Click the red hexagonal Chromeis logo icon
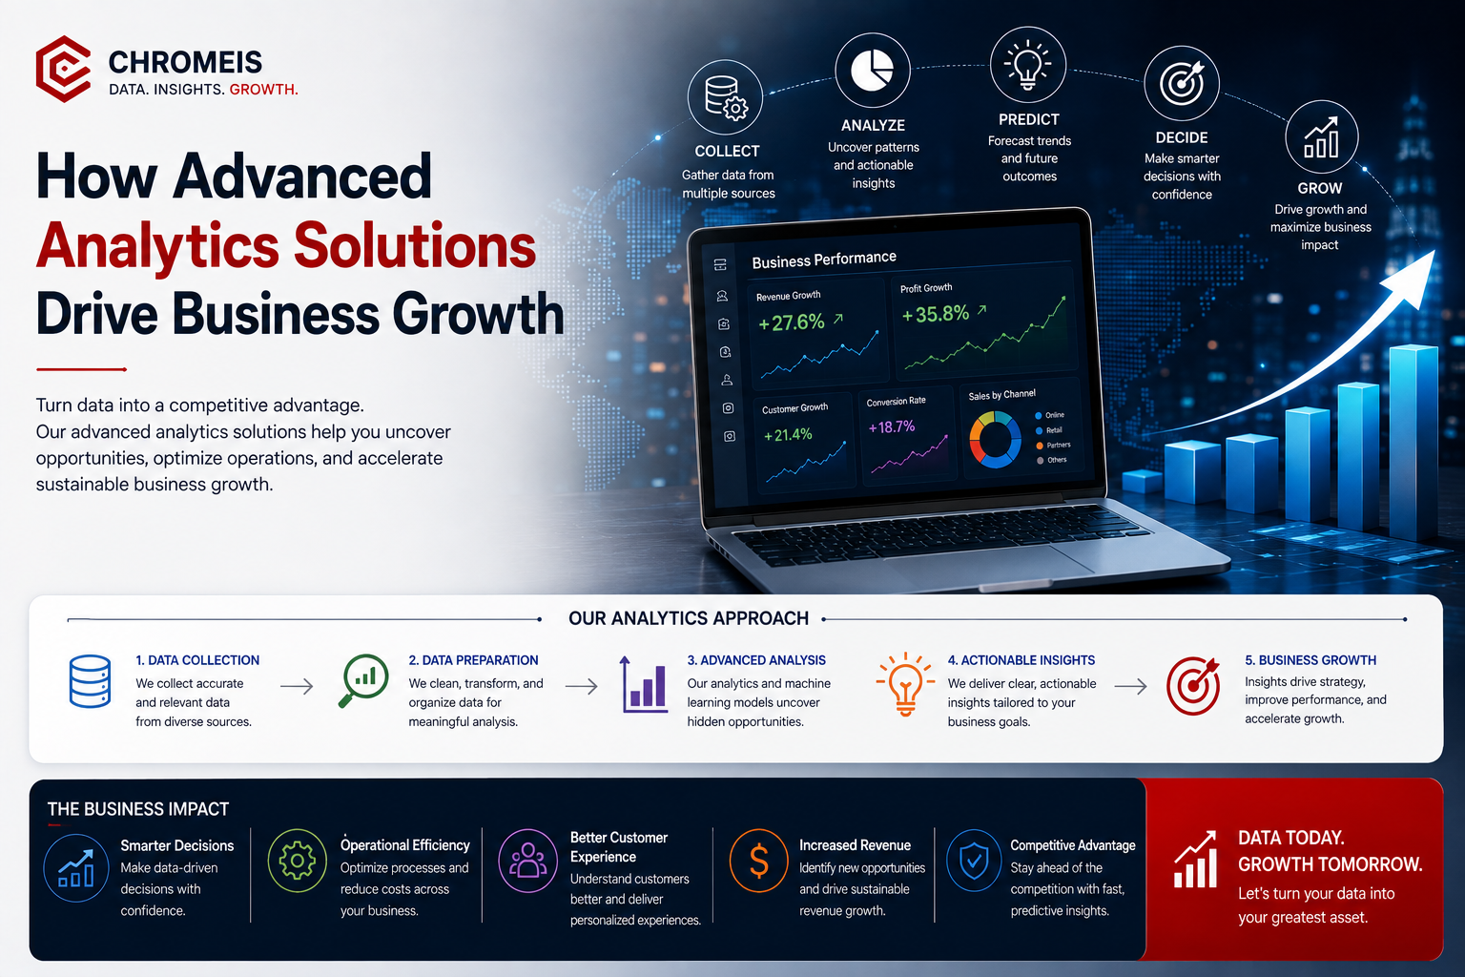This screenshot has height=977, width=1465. tap(64, 69)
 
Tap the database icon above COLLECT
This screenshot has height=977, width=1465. tap(725, 97)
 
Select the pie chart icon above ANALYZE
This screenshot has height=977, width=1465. tap(873, 70)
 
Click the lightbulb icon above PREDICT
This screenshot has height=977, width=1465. tap(1027, 65)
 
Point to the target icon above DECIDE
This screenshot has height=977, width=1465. tap(1181, 83)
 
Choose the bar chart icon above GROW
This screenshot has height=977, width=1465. tap(1321, 137)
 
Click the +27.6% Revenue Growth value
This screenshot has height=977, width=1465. tap(792, 322)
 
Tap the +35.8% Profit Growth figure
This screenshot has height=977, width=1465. tap(936, 314)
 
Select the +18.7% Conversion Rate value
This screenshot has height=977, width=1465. tap(892, 427)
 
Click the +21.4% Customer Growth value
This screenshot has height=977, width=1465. tap(788, 435)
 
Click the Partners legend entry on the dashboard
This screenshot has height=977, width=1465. tap(1054, 445)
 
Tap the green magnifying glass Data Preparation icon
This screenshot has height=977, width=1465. tap(363, 680)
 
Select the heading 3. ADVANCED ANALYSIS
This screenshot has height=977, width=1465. tap(756, 660)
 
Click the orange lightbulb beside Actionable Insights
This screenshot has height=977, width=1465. tap(904, 684)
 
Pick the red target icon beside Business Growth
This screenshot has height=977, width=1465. tap(1193, 685)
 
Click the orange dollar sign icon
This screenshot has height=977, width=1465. tap(758, 862)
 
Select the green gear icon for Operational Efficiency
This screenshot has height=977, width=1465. tap(297, 861)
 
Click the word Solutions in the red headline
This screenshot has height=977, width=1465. tap(415, 247)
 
